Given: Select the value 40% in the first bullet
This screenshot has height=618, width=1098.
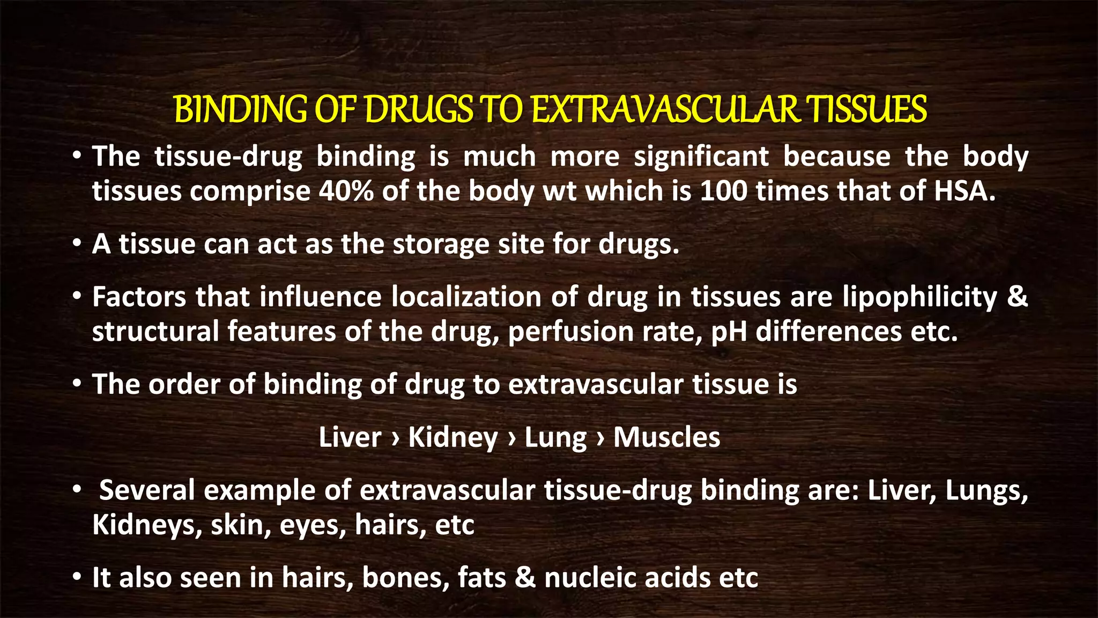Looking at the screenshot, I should pyautogui.click(x=346, y=191).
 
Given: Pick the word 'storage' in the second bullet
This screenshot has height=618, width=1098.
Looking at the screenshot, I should pyautogui.click(x=441, y=245).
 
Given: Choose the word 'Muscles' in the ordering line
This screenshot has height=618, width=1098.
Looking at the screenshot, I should pyautogui.click(x=666, y=437).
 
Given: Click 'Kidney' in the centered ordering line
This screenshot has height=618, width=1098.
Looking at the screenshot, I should pyautogui.click(x=453, y=438).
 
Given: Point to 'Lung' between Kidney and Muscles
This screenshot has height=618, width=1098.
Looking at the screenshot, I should pyautogui.click(x=555, y=438).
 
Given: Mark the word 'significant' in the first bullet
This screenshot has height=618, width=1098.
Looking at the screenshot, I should pyautogui.click(x=701, y=157).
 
